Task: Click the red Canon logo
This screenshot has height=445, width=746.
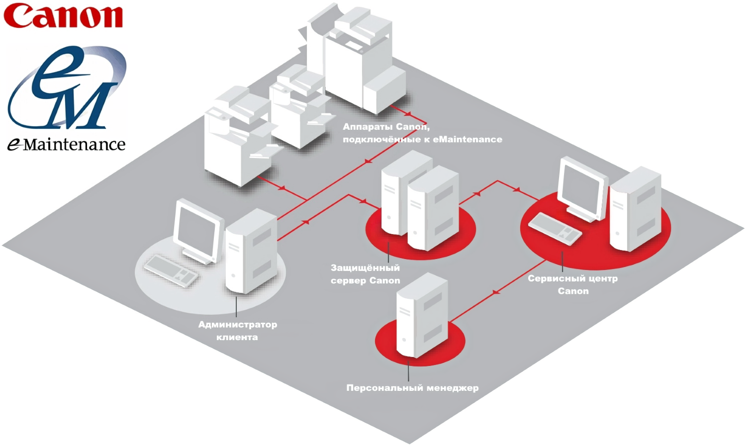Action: point(63,16)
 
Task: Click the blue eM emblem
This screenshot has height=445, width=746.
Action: point(67,87)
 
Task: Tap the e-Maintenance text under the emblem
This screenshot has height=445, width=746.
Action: point(66,144)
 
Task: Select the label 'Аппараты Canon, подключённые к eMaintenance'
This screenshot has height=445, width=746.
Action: point(422,133)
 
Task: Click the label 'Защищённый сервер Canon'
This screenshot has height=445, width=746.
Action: point(365,274)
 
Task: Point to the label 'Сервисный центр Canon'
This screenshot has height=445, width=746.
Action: point(572,284)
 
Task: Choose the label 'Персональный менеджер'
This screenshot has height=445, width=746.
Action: point(412,388)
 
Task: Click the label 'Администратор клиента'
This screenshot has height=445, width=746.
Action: point(237,331)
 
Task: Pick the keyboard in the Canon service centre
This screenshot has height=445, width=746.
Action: point(555,228)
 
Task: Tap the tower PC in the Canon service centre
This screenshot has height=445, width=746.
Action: point(635,209)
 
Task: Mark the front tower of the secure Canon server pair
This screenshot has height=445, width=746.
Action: point(432,209)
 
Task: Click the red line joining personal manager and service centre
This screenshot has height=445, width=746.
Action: point(497,291)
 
